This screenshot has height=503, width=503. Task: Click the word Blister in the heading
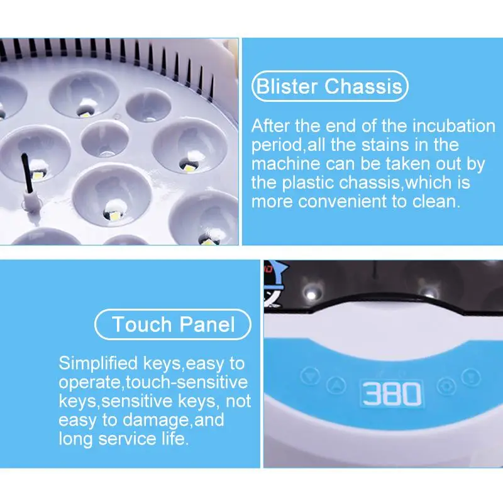tap(287, 86)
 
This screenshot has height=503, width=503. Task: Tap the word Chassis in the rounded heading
tap(363, 86)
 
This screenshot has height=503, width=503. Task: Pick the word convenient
tap(342, 202)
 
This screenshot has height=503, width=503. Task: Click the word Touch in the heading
tap(142, 324)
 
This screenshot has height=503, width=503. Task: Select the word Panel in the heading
tap(207, 324)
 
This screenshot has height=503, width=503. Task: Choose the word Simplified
tap(99, 364)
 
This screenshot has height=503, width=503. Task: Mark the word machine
tap(286, 163)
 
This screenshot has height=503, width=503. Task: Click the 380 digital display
tap(392, 394)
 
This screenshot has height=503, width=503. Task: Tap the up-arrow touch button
tap(336, 385)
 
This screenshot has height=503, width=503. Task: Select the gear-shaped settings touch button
tap(446, 386)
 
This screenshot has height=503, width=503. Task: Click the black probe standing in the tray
tap(27, 174)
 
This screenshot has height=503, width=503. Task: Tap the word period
tap(277, 146)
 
